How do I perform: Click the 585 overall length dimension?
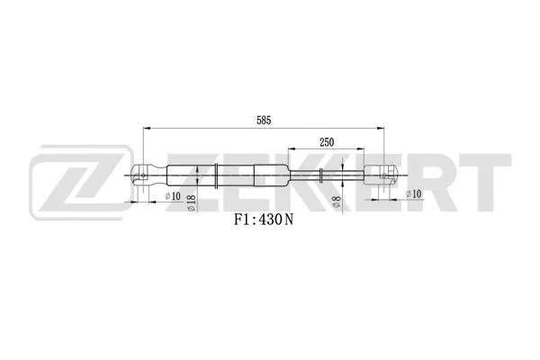click(263, 120)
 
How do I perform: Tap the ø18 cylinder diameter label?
click(192, 203)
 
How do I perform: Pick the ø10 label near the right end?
click(413, 193)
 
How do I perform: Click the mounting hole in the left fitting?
click(142, 174)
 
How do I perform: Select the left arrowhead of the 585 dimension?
click(145, 129)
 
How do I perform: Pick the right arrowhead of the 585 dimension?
click(382, 129)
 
